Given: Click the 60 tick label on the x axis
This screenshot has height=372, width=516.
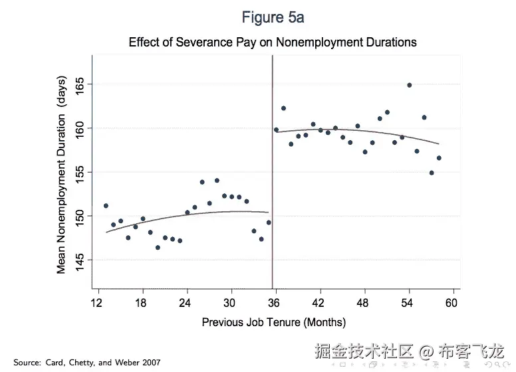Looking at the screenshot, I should tap(452, 302).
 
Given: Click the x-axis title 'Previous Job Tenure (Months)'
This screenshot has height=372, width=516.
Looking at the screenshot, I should tap(273, 323).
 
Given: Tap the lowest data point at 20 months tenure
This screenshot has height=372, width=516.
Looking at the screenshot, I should tap(158, 247).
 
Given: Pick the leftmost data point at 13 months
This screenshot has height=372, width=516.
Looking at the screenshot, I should tap(106, 206).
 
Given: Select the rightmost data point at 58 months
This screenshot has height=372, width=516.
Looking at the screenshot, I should tap(439, 158).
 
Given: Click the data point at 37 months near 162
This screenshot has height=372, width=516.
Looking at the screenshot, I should tap(283, 108).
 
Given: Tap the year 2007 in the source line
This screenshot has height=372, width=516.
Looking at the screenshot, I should tap(150, 363).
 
